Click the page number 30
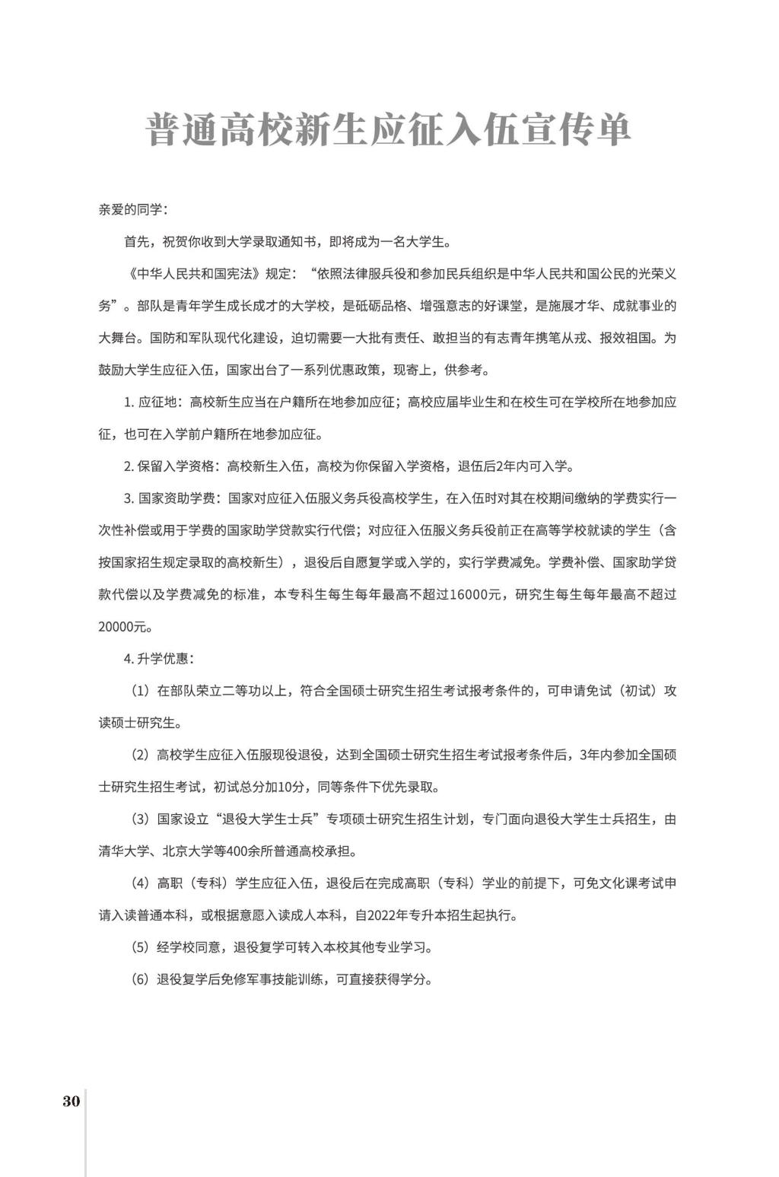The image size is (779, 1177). click(x=71, y=1101)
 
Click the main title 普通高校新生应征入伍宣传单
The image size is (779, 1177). click(x=389, y=129)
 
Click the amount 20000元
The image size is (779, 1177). click(x=125, y=627)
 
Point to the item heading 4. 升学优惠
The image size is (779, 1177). click(x=157, y=659)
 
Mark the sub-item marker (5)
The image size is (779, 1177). click(x=140, y=948)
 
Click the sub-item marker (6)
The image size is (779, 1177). click(x=140, y=980)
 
